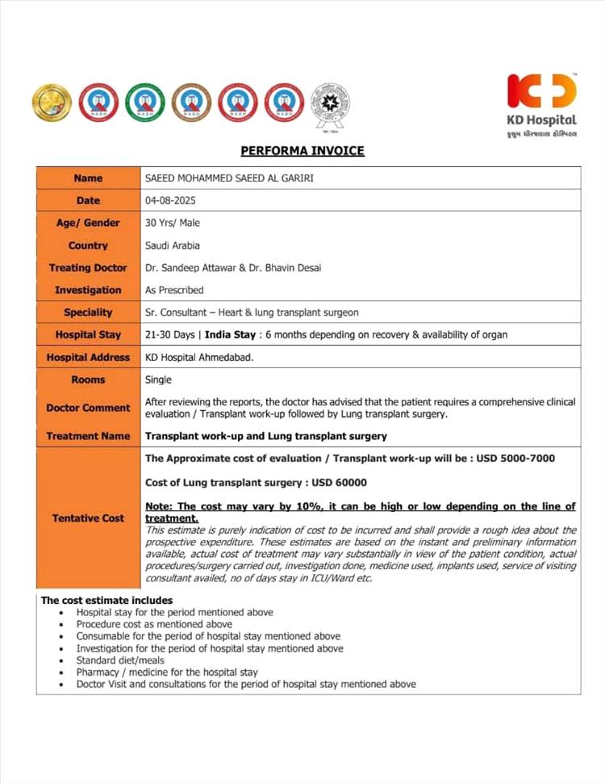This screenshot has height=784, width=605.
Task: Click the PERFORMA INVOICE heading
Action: coord(302,151)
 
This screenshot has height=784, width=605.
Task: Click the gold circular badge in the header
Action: coord(52,103)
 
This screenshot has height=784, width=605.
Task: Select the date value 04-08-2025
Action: coord(169,200)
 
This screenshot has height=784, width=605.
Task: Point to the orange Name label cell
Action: coord(88,178)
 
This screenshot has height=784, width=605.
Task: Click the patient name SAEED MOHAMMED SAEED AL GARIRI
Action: coord(228,178)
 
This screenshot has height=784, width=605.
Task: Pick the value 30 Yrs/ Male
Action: coord(172,223)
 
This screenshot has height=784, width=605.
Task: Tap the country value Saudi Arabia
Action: coord(172,245)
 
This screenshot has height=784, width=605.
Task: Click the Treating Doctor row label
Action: coord(88,268)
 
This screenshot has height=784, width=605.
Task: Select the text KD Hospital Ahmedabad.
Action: coord(198,357)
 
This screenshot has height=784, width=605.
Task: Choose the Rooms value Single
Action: coord(158,379)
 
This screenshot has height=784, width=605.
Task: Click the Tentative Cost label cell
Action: coord(88,518)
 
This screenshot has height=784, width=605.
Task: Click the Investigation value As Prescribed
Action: coord(174,290)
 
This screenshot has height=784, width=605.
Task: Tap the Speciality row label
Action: coord(88,312)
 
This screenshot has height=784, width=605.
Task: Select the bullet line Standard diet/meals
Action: coord(120,660)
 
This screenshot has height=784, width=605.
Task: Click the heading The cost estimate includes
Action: coord(106,601)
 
